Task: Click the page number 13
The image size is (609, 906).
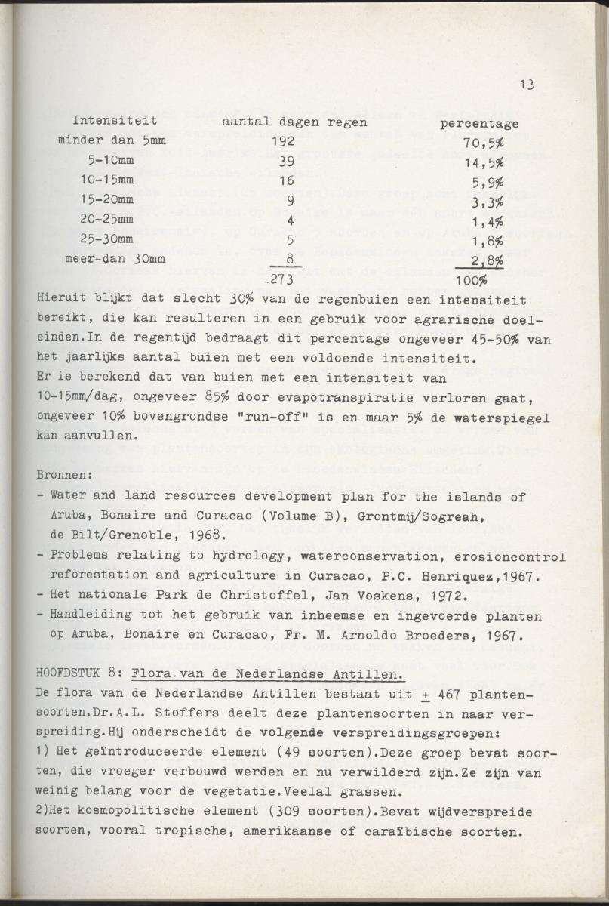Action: click(527, 85)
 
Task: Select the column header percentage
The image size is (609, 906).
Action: click(479, 123)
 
